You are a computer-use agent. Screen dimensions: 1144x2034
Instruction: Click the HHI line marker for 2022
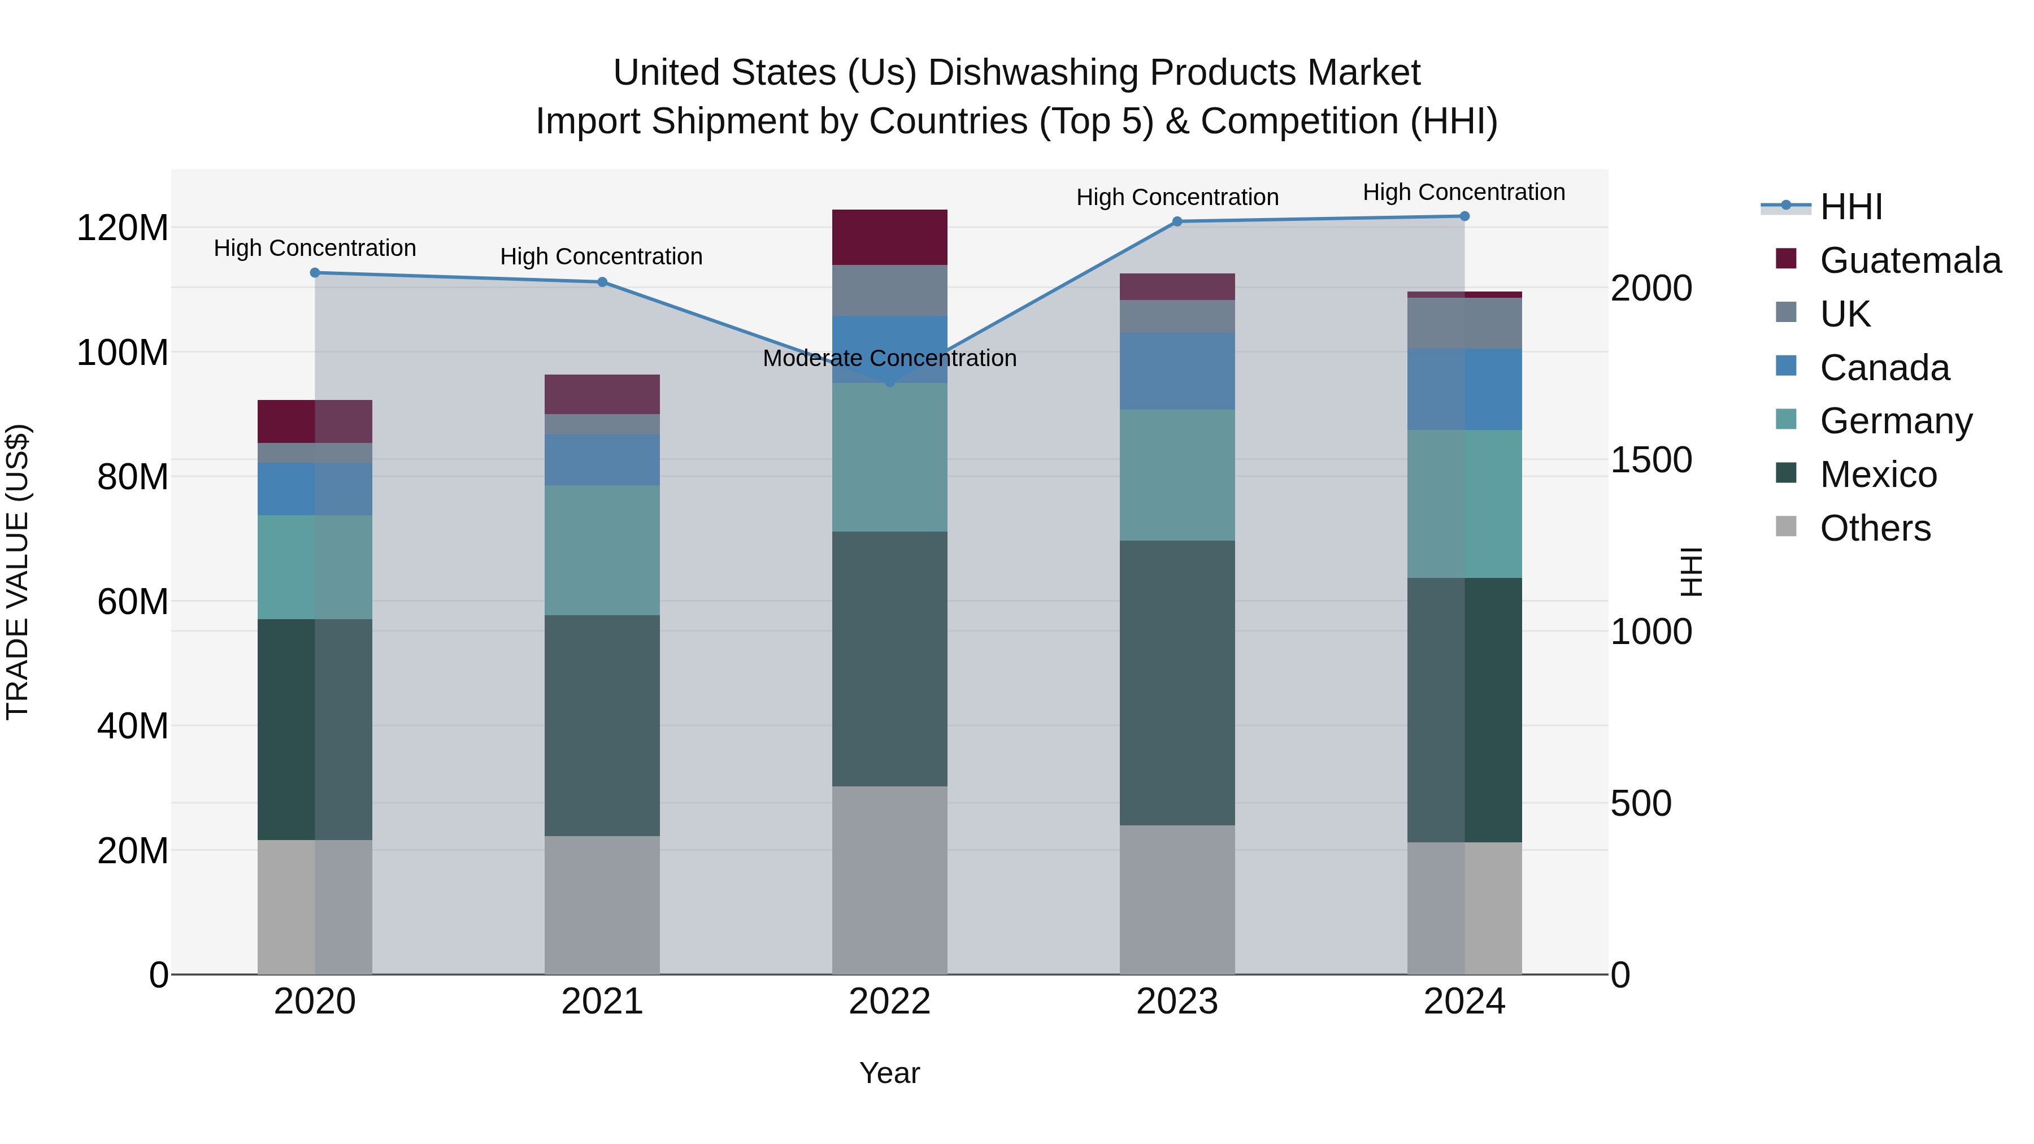(x=890, y=382)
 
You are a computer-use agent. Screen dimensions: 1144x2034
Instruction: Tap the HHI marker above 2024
(x=1464, y=216)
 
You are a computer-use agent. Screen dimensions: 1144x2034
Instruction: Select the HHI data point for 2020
(x=315, y=273)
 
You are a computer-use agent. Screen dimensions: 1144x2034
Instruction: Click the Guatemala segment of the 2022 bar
(x=890, y=238)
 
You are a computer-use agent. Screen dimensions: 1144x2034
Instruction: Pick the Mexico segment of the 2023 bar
(x=1177, y=683)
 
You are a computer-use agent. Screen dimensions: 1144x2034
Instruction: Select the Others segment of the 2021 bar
(x=602, y=905)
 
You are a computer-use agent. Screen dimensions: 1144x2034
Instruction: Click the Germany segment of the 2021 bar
(x=602, y=550)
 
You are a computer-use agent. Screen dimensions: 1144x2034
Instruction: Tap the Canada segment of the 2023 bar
(x=1177, y=371)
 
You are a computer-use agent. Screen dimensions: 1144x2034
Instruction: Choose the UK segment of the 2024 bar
(x=1464, y=324)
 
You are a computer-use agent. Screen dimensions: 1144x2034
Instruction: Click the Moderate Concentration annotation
(x=890, y=358)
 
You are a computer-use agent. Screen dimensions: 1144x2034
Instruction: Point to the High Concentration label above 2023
(x=1177, y=197)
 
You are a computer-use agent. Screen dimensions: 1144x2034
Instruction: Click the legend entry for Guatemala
(x=1910, y=260)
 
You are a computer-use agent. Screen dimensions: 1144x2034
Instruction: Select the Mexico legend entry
(x=1879, y=475)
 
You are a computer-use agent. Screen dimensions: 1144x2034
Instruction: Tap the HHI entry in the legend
(x=1851, y=207)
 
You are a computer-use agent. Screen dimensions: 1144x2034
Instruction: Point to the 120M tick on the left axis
(x=123, y=228)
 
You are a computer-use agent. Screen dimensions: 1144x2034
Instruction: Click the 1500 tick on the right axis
(x=1651, y=460)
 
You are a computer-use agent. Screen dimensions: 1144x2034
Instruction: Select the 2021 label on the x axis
(x=602, y=1002)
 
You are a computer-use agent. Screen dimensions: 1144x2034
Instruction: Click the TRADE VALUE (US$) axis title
(x=18, y=572)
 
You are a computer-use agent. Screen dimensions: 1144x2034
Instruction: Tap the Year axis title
(x=890, y=1073)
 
